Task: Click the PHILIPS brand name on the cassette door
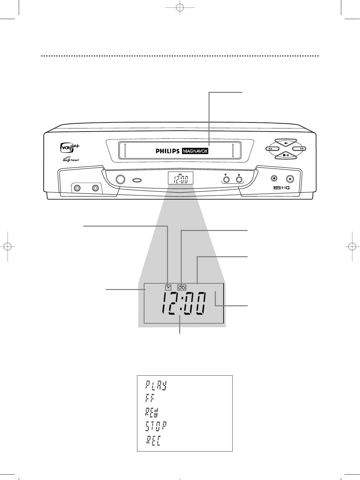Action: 168,151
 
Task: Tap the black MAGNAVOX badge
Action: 195,151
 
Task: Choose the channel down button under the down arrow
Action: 226,180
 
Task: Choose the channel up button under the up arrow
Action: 239,180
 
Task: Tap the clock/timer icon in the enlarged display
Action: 169,286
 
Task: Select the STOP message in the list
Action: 155,426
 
